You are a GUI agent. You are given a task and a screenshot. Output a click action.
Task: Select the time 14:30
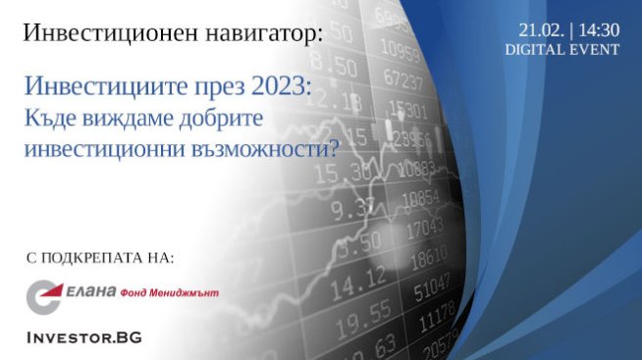pos(600,30)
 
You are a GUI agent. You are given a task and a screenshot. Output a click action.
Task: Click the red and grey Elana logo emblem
pos(42,293)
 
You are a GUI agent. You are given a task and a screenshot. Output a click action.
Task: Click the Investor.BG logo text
pos(82,336)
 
